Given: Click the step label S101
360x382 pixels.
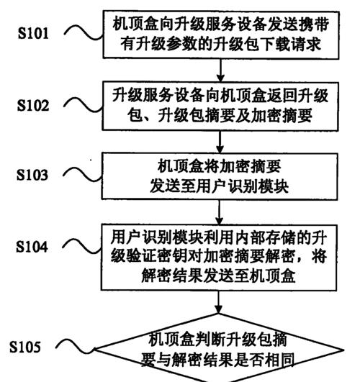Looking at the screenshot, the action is [33, 33].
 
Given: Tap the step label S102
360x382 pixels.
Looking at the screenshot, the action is [33, 105].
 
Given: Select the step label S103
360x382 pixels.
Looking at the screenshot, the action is [32, 175].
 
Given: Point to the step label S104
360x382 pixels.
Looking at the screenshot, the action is [32, 246].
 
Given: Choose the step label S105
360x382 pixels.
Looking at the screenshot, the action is [25, 347].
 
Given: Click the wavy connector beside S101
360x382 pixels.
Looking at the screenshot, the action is [84, 32].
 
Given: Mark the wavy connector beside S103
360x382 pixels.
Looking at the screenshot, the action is [82, 175].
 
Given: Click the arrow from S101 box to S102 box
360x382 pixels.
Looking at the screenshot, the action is [221, 71].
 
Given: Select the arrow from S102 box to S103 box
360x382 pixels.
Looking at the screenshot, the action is [220, 142].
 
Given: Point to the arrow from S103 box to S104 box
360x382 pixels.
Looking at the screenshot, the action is [220, 212].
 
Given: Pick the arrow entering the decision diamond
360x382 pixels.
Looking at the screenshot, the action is [219, 301].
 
